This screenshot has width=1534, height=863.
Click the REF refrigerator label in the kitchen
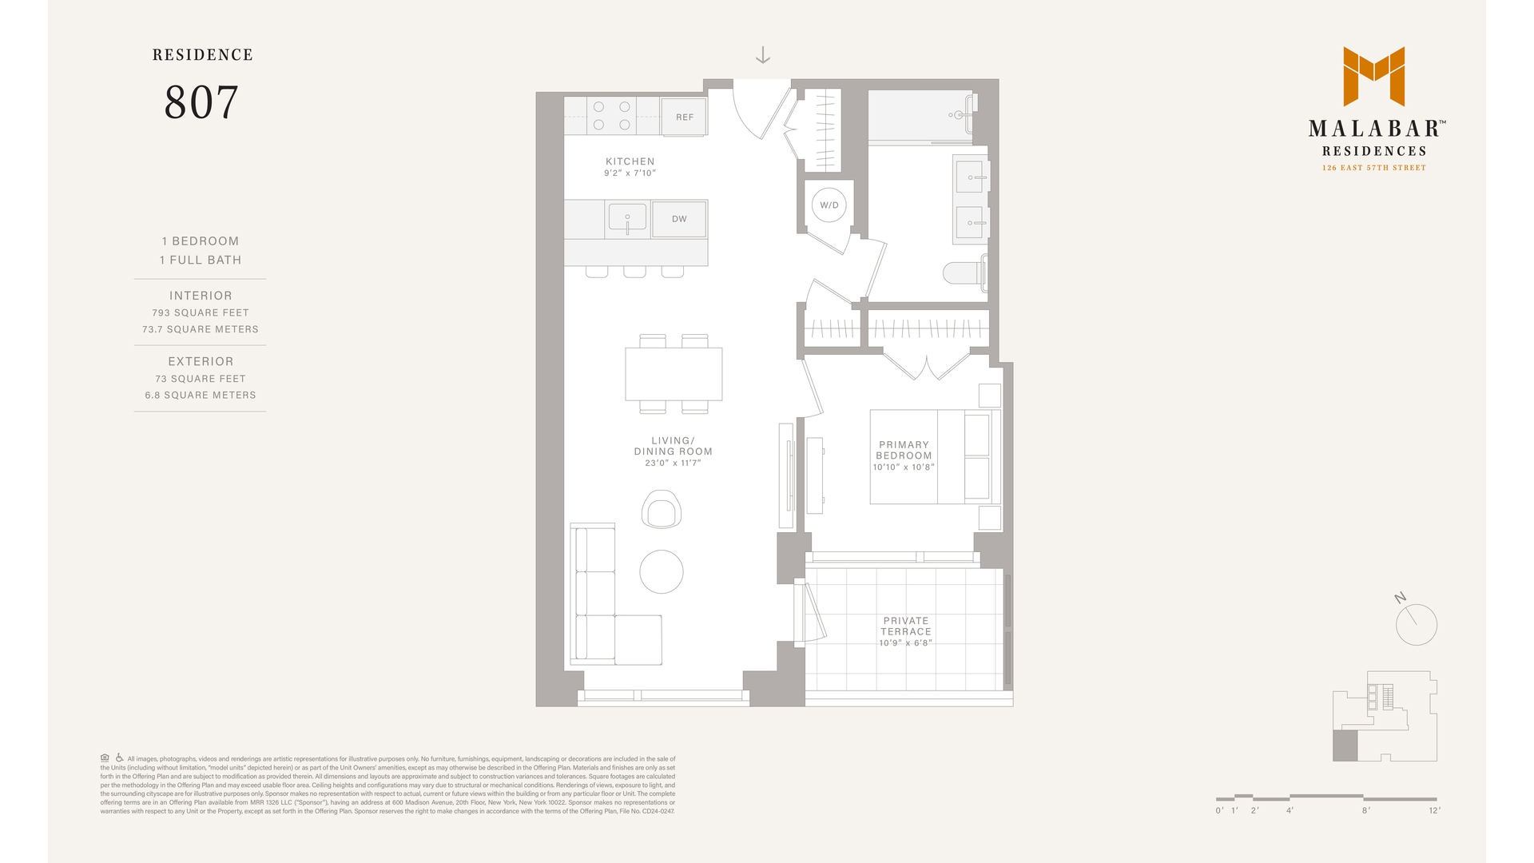tap(685, 117)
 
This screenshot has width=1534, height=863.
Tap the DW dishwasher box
tap(679, 219)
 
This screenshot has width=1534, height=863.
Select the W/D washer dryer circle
tap(829, 205)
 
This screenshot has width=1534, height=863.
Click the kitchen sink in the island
tap(627, 217)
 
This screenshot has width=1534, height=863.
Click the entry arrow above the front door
tap(763, 55)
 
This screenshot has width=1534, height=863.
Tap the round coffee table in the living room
tap(662, 571)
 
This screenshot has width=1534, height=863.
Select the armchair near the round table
tap(662, 509)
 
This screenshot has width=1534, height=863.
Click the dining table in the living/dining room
tap(674, 374)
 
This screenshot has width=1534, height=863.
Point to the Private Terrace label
tap(906, 626)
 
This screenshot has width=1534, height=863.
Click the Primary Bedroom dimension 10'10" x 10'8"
tap(904, 467)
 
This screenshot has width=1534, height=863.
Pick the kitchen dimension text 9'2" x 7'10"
tap(630, 173)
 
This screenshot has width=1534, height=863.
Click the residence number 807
tap(201, 102)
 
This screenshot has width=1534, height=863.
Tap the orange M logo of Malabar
tap(1373, 76)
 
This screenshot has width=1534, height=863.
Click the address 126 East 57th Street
tap(1373, 168)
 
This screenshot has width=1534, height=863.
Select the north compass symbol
tap(1416, 623)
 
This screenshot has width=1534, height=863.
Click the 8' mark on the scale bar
tap(1366, 810)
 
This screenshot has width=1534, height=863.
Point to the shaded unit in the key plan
tap(1345, 746)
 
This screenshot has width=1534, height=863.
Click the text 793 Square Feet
tap(201, 313)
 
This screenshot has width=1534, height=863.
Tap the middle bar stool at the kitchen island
tap(634, 272)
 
